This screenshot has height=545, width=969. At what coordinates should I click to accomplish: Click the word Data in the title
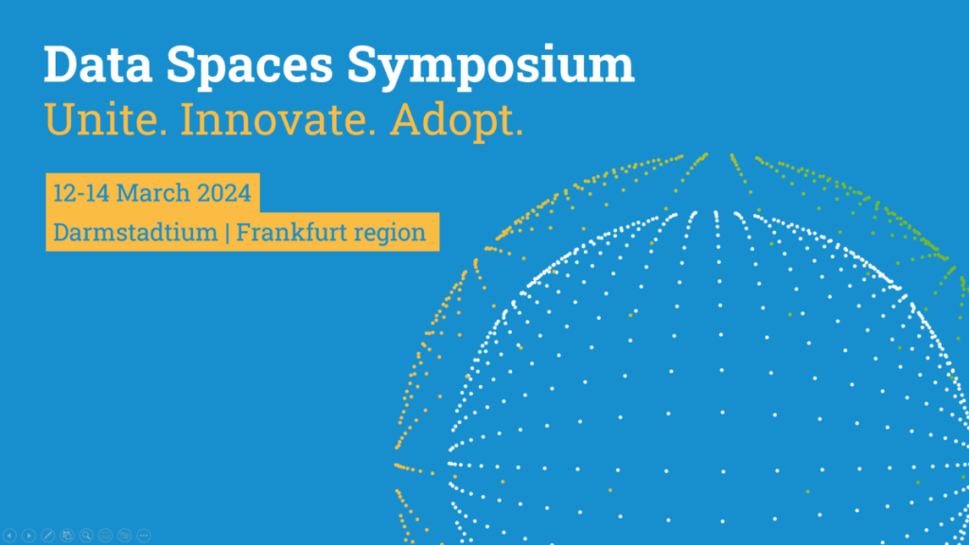pyautogui.click(x=91, y=64)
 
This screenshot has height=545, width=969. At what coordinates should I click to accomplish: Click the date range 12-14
pyautogui.click(x=80, y=194)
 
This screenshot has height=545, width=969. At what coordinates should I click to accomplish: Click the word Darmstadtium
pyautogui.click(x=134, y=232)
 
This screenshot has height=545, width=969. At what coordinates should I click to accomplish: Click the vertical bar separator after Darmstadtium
pyautogui.click(x=227, y=232)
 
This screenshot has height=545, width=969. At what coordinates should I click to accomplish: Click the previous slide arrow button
pyautogui.click(x=9, y=536)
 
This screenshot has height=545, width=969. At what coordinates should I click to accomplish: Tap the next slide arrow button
pyautogui.click(x=28, y=536)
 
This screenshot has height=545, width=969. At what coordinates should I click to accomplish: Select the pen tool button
pyautogui.click(x=48, y=536)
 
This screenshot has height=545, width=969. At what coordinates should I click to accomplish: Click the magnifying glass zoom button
pyautogui.click(x=86, y=536)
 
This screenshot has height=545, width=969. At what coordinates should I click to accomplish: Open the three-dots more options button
pyautogui.click(x=144, y=536)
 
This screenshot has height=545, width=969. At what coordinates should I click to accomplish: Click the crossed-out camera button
pyautogui.click(x=125, y=536)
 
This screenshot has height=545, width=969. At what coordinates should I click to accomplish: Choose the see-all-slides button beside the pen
pyautogui.click(x=67, y=536)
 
